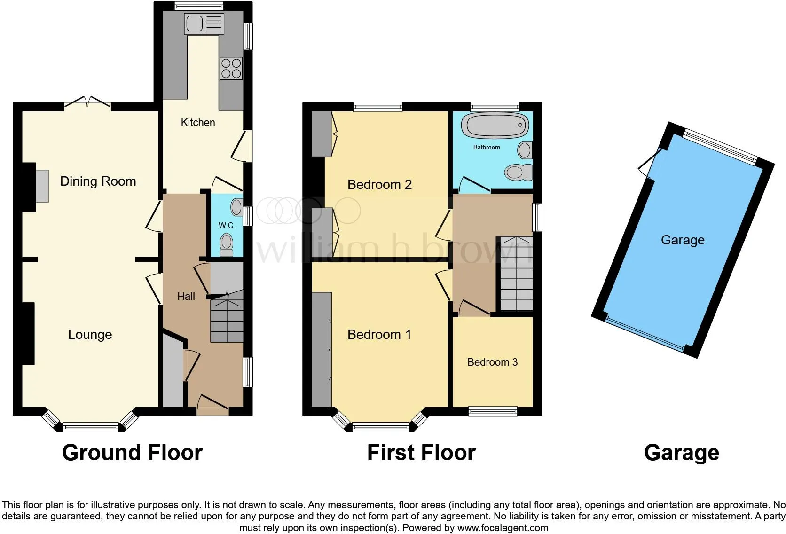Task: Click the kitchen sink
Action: (x=204, y=24)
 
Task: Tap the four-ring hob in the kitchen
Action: (x=231, y=68)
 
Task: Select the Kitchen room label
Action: (x=198, y=122)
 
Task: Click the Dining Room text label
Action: (x=98, y=181)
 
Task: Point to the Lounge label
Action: (x=90, y=335)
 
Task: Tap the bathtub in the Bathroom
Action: (x=495, y=125)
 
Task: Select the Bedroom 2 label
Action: (x=380, y=185)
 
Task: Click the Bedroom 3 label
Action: (x=493, y=362)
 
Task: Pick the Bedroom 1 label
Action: (x=379, y=335)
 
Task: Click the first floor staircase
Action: (x=516, y=274)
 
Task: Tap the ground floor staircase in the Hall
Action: (x=227, y=316)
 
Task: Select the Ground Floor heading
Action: (x=132, y=453)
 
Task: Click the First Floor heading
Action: (x=421, y=453)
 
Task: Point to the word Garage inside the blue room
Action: (x=683, y=240)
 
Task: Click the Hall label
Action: (x=186, y=297)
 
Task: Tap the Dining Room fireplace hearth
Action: (x=42, y=186)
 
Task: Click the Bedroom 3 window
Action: (x=493, y=411)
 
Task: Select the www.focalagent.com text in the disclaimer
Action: (x=503, y=528)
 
